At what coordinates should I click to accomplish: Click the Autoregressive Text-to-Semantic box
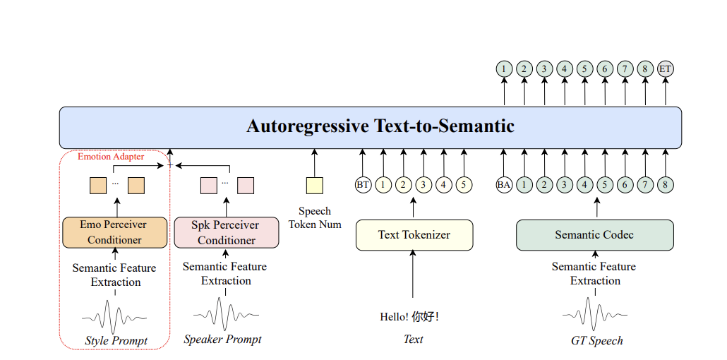pyautogui.click(x=371, y=128)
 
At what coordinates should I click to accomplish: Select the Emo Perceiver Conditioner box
pyautogui.click(x=114, y=232)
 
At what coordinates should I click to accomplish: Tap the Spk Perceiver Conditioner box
pyautogui.click(x=227, y=232)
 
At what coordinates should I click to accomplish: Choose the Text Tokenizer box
pyautogui.click(x=414, y=235)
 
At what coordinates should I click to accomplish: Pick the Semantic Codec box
pyautogui.click(x=595, y=235)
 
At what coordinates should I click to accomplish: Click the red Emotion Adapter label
pyautogui.click(x=111, y=157)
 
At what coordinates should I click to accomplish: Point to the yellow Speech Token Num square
pyautogui.click(x=314, y=186)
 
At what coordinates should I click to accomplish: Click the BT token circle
pyautogui.click(x=363, y=185)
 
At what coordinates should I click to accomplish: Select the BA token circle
pyautogui.click(x=504, y=185)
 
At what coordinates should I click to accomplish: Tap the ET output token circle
pyautogui.click(x=666, y=70)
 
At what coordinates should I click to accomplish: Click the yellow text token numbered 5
pyautogui.click(x=464, y=185)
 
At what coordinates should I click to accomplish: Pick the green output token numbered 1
pyautogui.click(x=504, y=70)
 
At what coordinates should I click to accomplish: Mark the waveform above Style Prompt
pyautogui.click(x=114, y=317)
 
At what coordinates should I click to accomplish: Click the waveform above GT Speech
pyautogui.click(x=595, y=315)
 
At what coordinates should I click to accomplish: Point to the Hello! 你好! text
pyautogui.click(x=409, y=318)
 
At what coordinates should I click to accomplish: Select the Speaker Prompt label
pyautogui.click(x=222, y=340)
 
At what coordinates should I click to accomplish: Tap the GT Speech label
pyautogui.click(x=596, y=341)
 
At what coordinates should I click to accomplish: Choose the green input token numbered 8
pyautogui.click(x=666, y=185)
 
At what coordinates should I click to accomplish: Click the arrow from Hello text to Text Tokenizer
pyautogui.click(x=413, y=274)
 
